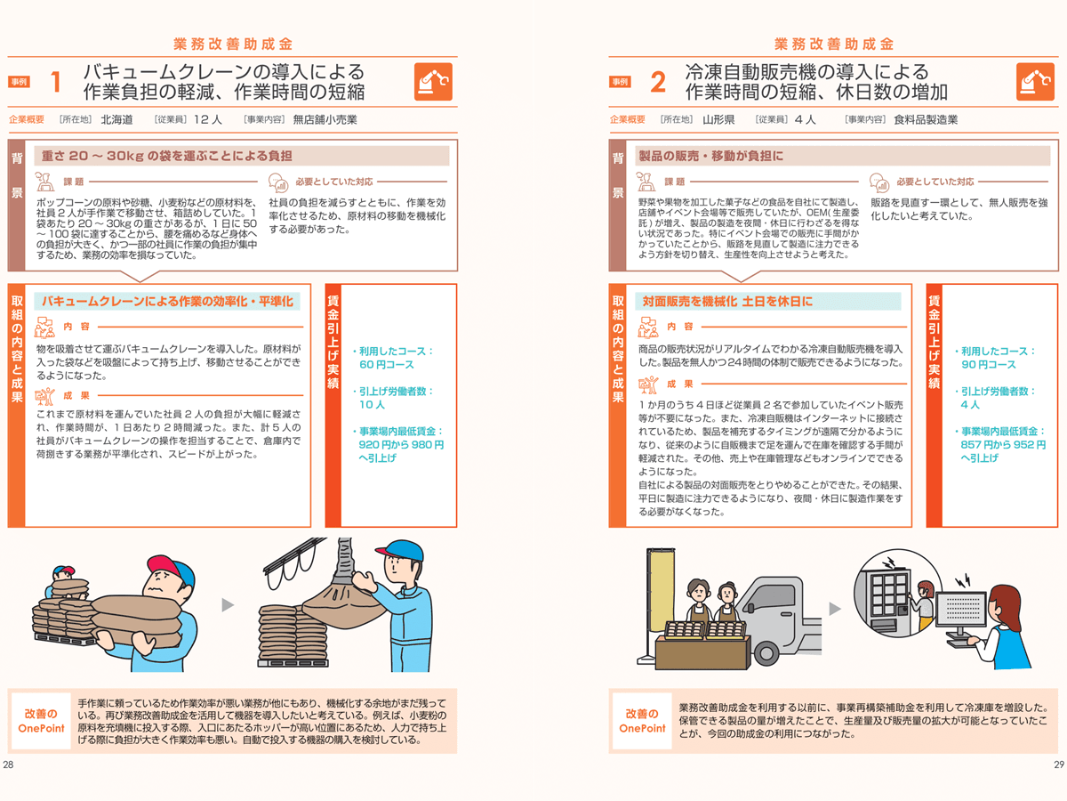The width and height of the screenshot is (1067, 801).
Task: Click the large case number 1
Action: coord(55,83)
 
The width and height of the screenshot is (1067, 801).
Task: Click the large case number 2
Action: coord(658,83)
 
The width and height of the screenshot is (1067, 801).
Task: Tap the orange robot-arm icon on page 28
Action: coord(433,82)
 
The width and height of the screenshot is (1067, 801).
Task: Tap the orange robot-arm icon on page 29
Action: coord(1035,82)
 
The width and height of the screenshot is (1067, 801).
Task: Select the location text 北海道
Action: coord(116,119)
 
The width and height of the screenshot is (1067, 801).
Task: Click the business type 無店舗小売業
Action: coord(325,119)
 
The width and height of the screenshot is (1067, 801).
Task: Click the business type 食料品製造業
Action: coord(926,119)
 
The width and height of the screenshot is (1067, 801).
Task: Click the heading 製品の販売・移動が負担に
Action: coord(710,156)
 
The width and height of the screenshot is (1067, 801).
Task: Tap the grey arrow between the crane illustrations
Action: coord(228,605)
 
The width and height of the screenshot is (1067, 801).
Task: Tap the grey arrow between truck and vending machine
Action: coord(833,609)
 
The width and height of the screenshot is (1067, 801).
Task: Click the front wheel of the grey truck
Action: coord(765,653)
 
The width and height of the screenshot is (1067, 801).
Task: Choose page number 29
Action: coord(1058,765)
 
